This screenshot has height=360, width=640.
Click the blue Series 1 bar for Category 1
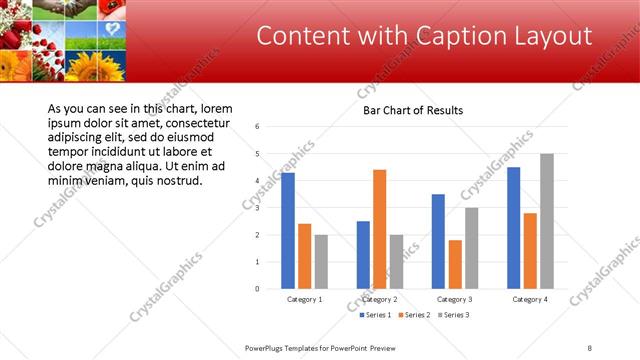288,231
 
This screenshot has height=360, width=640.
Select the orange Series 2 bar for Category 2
379,229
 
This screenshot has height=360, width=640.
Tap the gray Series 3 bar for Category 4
546,221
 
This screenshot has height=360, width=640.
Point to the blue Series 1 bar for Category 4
514,228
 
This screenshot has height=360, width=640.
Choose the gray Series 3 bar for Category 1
321,262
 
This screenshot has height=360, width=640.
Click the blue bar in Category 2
363,255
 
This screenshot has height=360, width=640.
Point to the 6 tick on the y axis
258,127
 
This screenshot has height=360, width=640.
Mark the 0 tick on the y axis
258,289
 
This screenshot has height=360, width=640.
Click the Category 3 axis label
455,299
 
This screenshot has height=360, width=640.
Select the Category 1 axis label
304,299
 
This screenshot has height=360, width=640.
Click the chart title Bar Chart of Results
412,110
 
